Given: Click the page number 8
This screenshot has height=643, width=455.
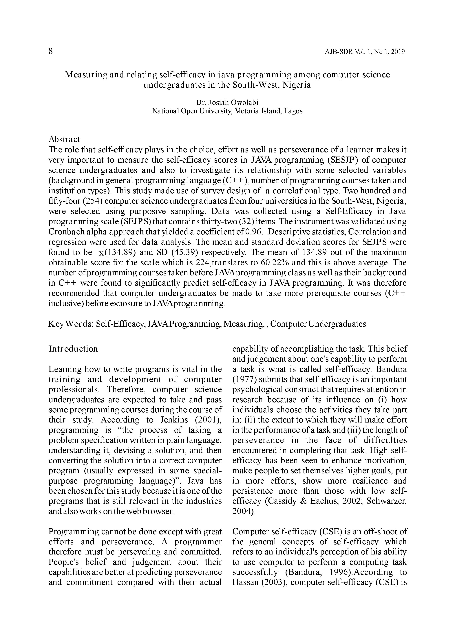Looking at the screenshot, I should pos(51,52).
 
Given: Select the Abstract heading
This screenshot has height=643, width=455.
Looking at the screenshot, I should pos(64,139).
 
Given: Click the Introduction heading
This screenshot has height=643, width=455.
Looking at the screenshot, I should pos(73,349).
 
